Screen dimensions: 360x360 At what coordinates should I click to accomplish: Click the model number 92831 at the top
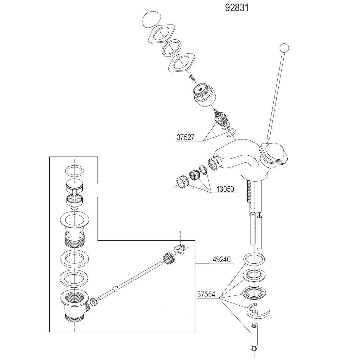[x=237, y=8]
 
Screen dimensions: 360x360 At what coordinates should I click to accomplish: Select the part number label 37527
[x=185, y=137]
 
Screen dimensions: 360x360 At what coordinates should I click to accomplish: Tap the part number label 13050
[x=225, y=189]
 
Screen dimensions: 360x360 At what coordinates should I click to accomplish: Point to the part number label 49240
[x=221, y=259]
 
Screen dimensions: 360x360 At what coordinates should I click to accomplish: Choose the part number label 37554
[x=206, y=294]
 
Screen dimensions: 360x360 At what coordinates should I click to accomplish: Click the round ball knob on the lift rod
[x=284, y=48]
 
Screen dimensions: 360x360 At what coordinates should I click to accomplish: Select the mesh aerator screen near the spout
[x=194, y=175]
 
